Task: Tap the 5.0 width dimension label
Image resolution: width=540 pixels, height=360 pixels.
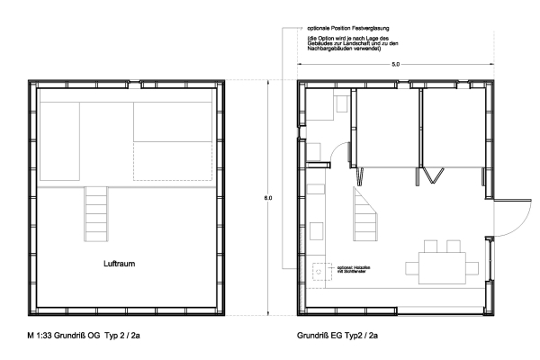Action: (397, 66)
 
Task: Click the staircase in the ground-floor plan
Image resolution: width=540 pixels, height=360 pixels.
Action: (366, 214)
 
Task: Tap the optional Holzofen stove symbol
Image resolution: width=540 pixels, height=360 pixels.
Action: (319, 268)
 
